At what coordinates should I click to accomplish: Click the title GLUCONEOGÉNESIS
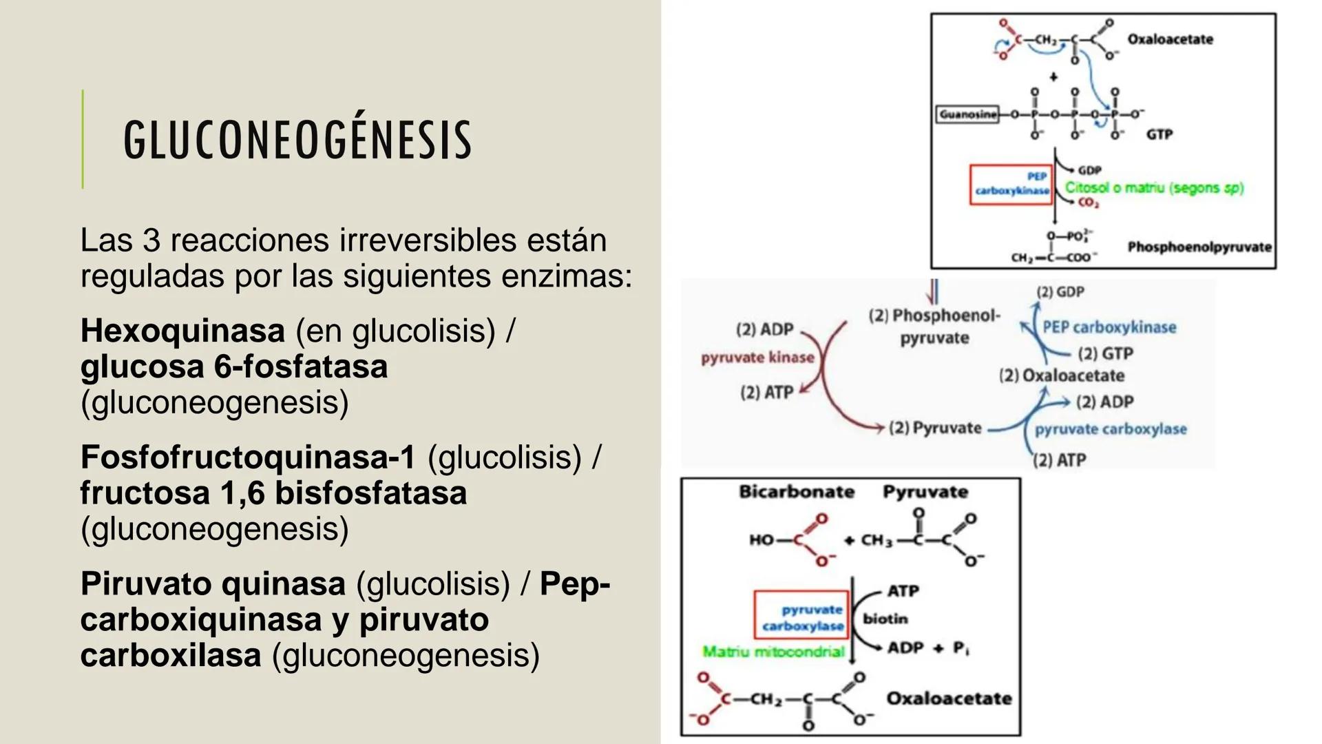(x=297, y=140)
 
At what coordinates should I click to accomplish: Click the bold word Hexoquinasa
(x=182, y=331)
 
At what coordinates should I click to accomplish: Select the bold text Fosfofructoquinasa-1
(x=248, y=457)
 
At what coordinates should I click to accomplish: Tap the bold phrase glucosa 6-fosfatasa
(x=234, y=366)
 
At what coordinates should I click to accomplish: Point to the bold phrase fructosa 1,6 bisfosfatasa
(x=273, y=493)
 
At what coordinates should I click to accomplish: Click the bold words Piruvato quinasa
(x=213, y=584)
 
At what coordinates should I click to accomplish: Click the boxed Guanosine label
(x=967, y=114)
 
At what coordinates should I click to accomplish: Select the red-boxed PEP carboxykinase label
(x=1011, y=184)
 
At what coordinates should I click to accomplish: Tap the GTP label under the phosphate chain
(x=1159, y=135)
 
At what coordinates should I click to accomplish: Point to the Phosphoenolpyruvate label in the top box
(x=1199, y=247)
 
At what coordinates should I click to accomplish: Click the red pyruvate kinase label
(x=757, y=358)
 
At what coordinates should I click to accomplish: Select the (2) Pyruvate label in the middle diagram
(x=935, y=428)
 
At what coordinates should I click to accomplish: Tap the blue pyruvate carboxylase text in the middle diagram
(x=1111, y=429)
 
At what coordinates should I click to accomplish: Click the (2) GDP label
(x=1060, y=292)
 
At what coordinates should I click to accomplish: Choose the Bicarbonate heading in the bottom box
(x=797, y=492)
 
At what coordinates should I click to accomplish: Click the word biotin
(x=885, y=619)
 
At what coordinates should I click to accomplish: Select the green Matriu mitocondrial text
(x=773, y=652)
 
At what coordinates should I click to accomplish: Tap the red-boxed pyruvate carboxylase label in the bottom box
(x=802, y=617)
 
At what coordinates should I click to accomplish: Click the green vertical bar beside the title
(x=83, y=139)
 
